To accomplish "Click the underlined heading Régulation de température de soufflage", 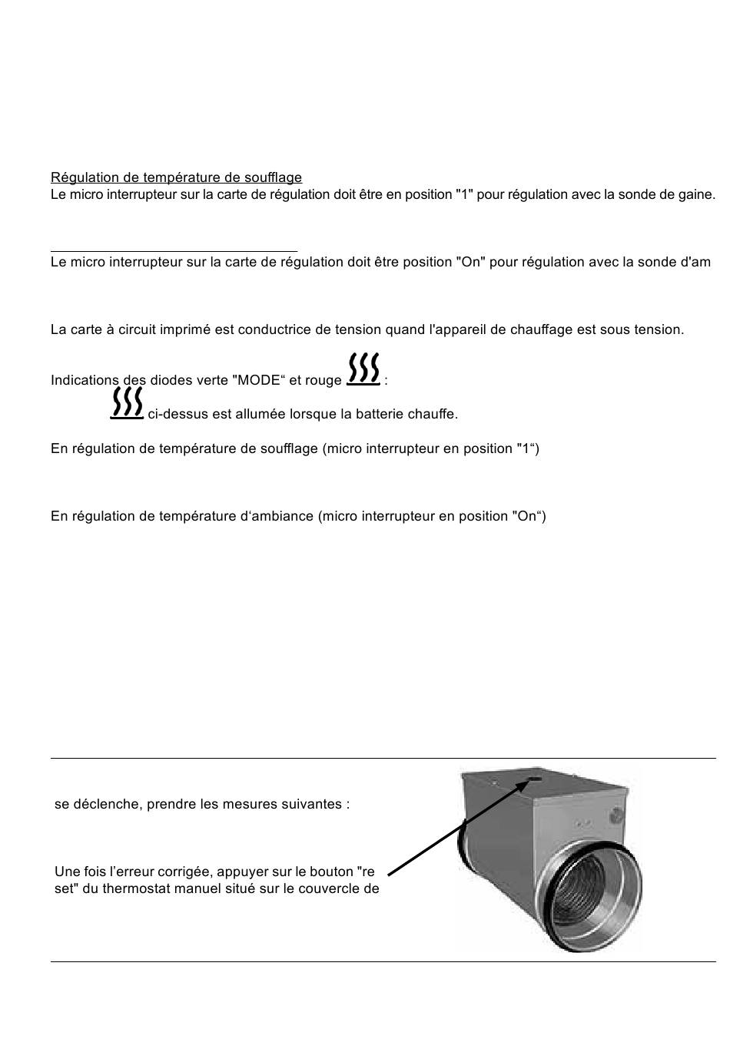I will pos(176,178).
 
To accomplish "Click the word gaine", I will pos(698,195).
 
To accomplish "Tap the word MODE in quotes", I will pos(259,380).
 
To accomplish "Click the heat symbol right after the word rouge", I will pos(363,369).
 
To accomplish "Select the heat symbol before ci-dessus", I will pos(127,403).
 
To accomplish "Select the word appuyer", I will pos(243,872).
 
